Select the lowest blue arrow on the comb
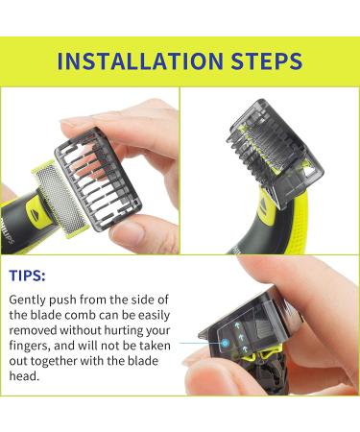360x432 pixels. point(251,350)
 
